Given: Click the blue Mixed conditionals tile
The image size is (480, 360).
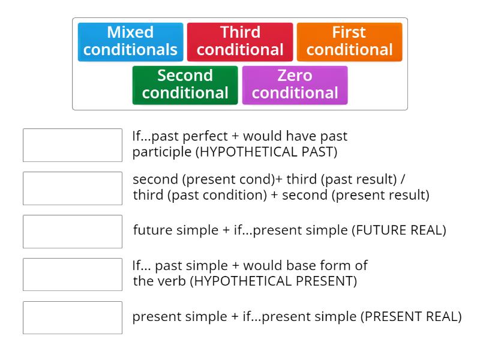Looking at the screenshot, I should pyautogui.click(x=130, y=41).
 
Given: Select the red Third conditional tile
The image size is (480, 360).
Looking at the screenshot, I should pyautogui.click(x=240, y=41).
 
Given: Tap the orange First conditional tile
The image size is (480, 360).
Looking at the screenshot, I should pyautogui.click(x=349, y=41).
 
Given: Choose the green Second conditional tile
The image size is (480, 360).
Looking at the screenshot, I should pyautogui.click(x=185, y=85).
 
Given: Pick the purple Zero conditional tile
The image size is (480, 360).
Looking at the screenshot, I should pyautogui.click(x=295, y=85).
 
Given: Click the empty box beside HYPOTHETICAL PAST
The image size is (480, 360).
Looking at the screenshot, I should pyautogui.click(x=73, y=145).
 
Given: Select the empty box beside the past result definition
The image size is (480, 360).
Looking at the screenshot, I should pyautogui.click(x=73, y=188).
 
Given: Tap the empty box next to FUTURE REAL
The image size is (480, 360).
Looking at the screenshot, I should pyautogui.click(x=73, y=232).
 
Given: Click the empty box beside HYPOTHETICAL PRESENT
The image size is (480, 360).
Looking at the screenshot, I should pyautogui.click(x=73, y=275).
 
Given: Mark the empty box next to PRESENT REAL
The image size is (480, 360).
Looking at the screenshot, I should pyautogui.click(x=73, y=318).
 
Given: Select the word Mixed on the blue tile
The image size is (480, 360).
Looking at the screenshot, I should pyautogui.click(x=130, y=32).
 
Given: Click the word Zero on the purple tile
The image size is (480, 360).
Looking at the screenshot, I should pyautogui.click(x=295, y=76).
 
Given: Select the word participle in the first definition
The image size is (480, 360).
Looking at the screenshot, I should pyautogui.click(x=161, y=152).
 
